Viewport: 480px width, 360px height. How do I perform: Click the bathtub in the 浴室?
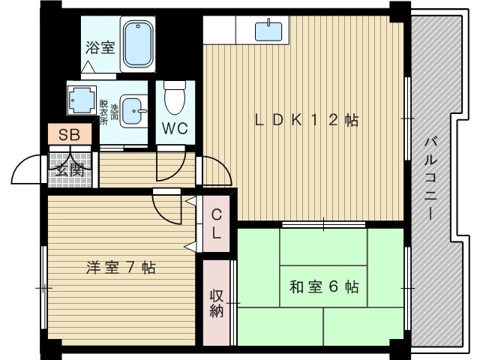138,44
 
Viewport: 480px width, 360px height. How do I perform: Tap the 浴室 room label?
100,47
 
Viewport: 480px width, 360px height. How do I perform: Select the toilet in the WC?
175,97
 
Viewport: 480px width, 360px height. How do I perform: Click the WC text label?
175,128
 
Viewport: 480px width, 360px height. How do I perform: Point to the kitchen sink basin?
268,31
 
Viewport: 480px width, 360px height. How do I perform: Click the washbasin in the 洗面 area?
133,111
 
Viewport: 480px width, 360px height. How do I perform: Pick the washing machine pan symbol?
82,100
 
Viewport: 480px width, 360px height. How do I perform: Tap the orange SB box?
70,134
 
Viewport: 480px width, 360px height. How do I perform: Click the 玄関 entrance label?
70,169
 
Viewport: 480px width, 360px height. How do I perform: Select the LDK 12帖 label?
307,120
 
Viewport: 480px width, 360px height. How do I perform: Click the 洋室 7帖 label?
121,268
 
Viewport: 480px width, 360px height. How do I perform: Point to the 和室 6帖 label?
324,286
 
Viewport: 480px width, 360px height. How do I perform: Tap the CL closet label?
216,223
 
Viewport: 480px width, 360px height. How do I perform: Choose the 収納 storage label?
217,303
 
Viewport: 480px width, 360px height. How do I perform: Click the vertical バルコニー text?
430,178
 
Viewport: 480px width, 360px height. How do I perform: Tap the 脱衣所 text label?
103,112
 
